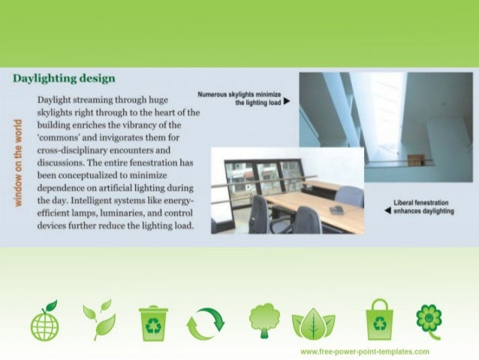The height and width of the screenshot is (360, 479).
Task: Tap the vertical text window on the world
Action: point(17,162)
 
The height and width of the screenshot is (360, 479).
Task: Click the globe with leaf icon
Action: point(44,321)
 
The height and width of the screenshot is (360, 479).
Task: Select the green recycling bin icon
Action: point(153,322)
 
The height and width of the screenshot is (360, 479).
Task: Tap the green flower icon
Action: point(429,319)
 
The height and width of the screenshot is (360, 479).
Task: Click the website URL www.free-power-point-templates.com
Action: point(364,352)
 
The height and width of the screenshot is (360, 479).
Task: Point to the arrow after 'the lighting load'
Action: point(287,102)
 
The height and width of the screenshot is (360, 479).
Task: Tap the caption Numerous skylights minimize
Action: point(239,94)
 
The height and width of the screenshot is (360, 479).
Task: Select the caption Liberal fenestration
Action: point(424,203)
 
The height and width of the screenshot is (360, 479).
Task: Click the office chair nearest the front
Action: point(306,219)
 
